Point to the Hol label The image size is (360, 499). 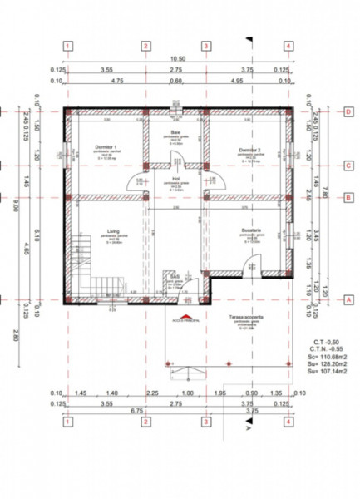pyautogui.click(x=176, y=177)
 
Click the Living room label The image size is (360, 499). pyautogui.click(x=113, y=232)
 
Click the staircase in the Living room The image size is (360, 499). pyautogui.click(x=83, y=266)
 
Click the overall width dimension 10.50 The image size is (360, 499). pyautogui.click(x=177, y=60)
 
